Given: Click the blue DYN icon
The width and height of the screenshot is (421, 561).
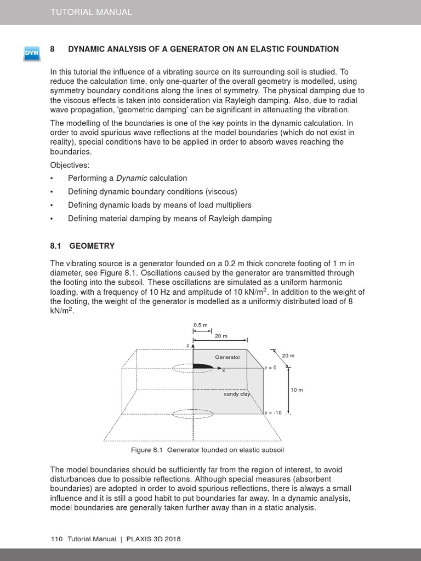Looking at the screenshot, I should tap(31, 53).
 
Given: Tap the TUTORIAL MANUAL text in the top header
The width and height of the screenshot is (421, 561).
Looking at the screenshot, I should tap(91, 12).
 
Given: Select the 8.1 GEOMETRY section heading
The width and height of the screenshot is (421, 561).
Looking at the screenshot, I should tap(82, 246).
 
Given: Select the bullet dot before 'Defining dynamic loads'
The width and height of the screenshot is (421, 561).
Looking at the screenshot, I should tap(52, 205).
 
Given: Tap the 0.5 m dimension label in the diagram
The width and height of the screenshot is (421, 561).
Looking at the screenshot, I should tap(200, 325).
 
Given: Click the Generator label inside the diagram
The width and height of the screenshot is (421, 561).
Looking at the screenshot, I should tap(227, 357).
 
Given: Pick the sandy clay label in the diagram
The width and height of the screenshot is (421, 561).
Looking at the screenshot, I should tap(237, 394).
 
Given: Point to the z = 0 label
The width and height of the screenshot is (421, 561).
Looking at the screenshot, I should tap(271, 368).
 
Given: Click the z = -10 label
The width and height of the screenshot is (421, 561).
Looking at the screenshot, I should tap(272, 413).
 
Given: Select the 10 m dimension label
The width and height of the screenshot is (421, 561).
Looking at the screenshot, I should tap(297, 390).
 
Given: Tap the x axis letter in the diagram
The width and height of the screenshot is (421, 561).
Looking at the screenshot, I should tap(223, 371).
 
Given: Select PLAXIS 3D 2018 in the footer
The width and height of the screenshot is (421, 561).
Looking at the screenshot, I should tap(154, 539).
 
